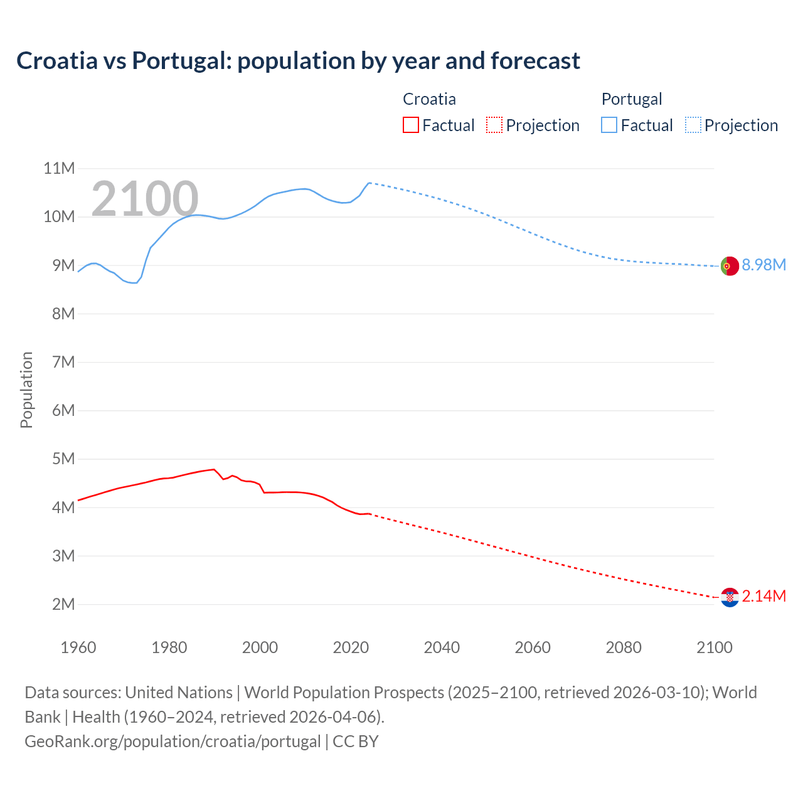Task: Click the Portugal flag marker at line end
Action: point(729,266)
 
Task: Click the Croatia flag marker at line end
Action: point(729,597)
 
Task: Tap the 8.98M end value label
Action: point(763,265)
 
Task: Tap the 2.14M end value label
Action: point(763,596)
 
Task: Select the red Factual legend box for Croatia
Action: point(410,125)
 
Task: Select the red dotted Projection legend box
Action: point(494,125)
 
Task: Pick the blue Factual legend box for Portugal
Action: point(609,125)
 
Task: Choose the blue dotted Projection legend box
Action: point(693,125)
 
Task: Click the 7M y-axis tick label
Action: point(63,362)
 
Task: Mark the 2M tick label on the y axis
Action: point(63,604)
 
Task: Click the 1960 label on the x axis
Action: point(78,647)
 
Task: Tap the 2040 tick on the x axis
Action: point(442,647)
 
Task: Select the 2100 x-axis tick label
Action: point(714,647)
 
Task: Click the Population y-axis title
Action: point(26,390)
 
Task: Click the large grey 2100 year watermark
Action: point(145,199)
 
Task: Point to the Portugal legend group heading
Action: point(631,99)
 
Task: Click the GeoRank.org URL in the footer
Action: point(173,741)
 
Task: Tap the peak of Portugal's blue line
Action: point(369,183)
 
